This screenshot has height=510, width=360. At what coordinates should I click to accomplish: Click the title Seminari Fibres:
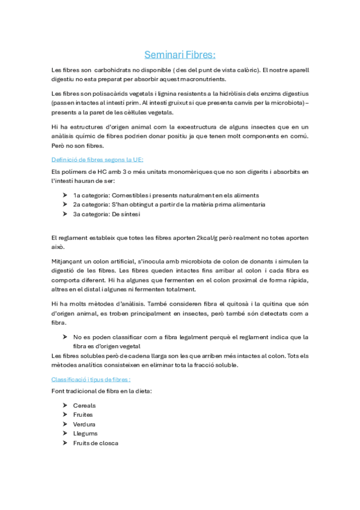pyautogui.click(x=180, y=55)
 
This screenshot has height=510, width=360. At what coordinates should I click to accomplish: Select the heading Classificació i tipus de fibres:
pyautogui.click(x=91, y=379)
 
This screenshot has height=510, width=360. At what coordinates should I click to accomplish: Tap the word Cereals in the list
pyautogui.click(x=84, y=405)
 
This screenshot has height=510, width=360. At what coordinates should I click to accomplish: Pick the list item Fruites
pyautogui.click(x=84, y=415)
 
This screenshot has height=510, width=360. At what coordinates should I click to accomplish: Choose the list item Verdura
pyautogui.click(x=85, y=424)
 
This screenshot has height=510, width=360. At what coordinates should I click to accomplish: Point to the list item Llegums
pyautogui.click(x=85, y=433)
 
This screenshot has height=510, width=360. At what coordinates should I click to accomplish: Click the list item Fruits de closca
pyautogui.click(x=96, y=443)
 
